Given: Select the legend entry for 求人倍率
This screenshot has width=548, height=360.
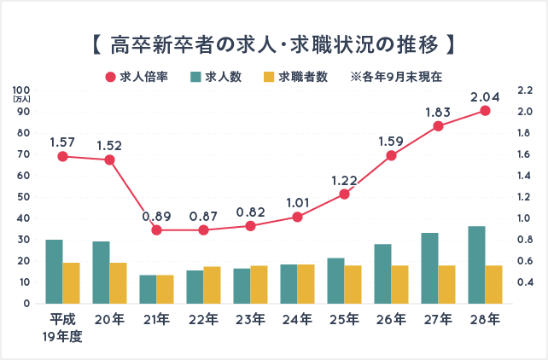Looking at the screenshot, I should (136, 76).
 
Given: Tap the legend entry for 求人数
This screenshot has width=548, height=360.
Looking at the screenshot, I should (217, 76).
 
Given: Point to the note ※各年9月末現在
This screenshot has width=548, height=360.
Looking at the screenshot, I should (395, 76).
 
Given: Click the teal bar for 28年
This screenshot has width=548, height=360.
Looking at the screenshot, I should (476, 264).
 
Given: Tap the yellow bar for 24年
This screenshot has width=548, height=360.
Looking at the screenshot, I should (306, 284).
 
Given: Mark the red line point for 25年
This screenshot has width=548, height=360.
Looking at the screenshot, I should (344, 194).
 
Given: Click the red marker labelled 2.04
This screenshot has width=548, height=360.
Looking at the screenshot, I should (485, 111).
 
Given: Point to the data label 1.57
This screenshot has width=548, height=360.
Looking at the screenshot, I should (62, 141).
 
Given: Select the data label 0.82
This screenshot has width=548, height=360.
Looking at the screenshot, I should (250, 210).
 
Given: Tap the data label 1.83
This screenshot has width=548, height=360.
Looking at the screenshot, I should (438, 111).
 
